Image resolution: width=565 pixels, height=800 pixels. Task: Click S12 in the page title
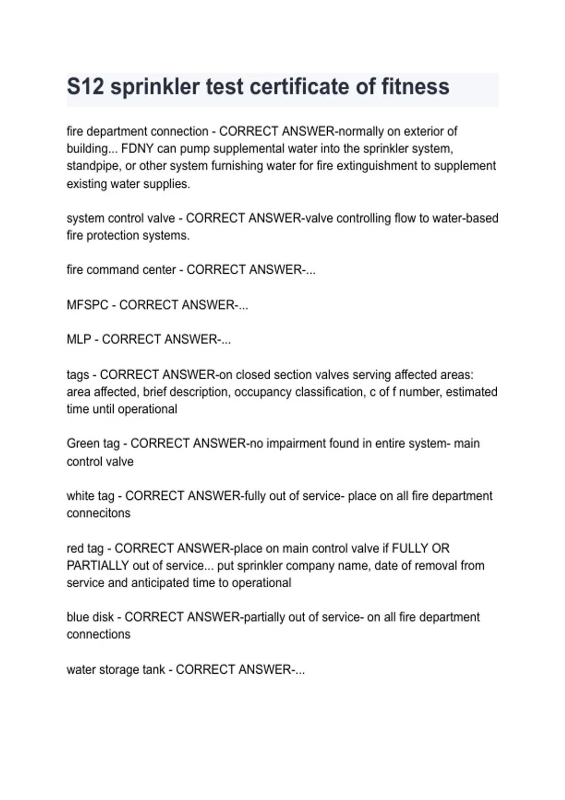(85, 87)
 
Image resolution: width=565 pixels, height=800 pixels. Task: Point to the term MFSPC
(88, 305)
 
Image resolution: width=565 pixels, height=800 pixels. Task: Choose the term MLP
(79, 339)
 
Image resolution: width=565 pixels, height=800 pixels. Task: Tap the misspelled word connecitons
(98, 513)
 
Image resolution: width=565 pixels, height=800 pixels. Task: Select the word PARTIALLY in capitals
(97, 565)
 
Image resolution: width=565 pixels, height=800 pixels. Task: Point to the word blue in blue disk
(77, 617)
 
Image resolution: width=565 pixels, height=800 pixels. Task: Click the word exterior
(423, 131)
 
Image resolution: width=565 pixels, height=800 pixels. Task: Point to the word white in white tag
(80, 496)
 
